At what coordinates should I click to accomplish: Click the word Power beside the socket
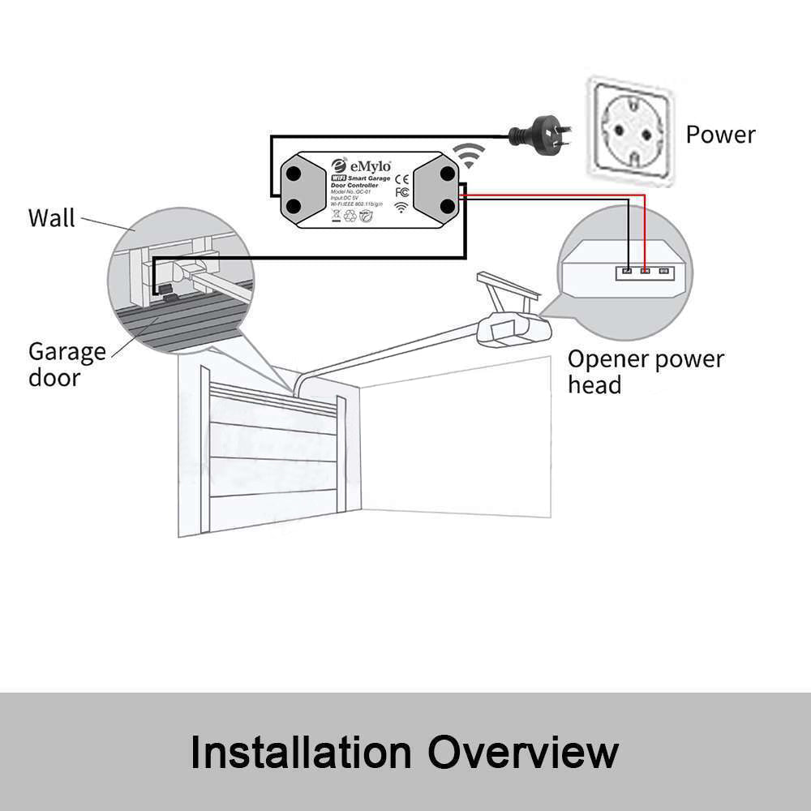click(x=720, y=134)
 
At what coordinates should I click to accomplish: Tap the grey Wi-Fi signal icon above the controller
click(x=468, y=153)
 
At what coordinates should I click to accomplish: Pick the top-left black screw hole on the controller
click(x=294, y=172)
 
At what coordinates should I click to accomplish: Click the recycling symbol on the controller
click(x=350, y=217)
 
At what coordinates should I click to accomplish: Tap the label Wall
click(x=51, y=218)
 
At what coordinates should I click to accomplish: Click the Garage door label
click(x=67, y=364)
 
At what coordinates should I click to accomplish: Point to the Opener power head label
click(x=645, y=371)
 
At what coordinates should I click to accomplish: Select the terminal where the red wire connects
click(x=646, y=272)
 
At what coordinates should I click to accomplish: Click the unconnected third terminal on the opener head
click(x=664, y=272)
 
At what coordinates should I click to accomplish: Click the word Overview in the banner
click(x=523, y=752)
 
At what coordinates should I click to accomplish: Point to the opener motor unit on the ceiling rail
click(x=513, y=328)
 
